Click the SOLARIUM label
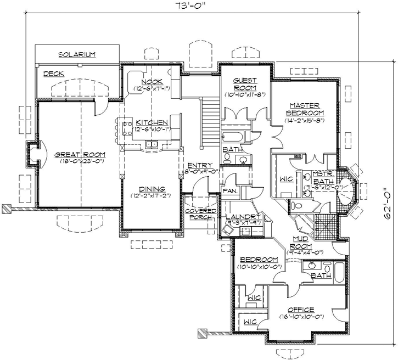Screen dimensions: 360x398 [77, 54]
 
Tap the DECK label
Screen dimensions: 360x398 [53, 74]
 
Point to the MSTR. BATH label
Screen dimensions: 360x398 [323, 177]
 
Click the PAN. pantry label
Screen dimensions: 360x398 [229, 191]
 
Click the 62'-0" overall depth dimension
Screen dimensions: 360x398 [390, 203]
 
